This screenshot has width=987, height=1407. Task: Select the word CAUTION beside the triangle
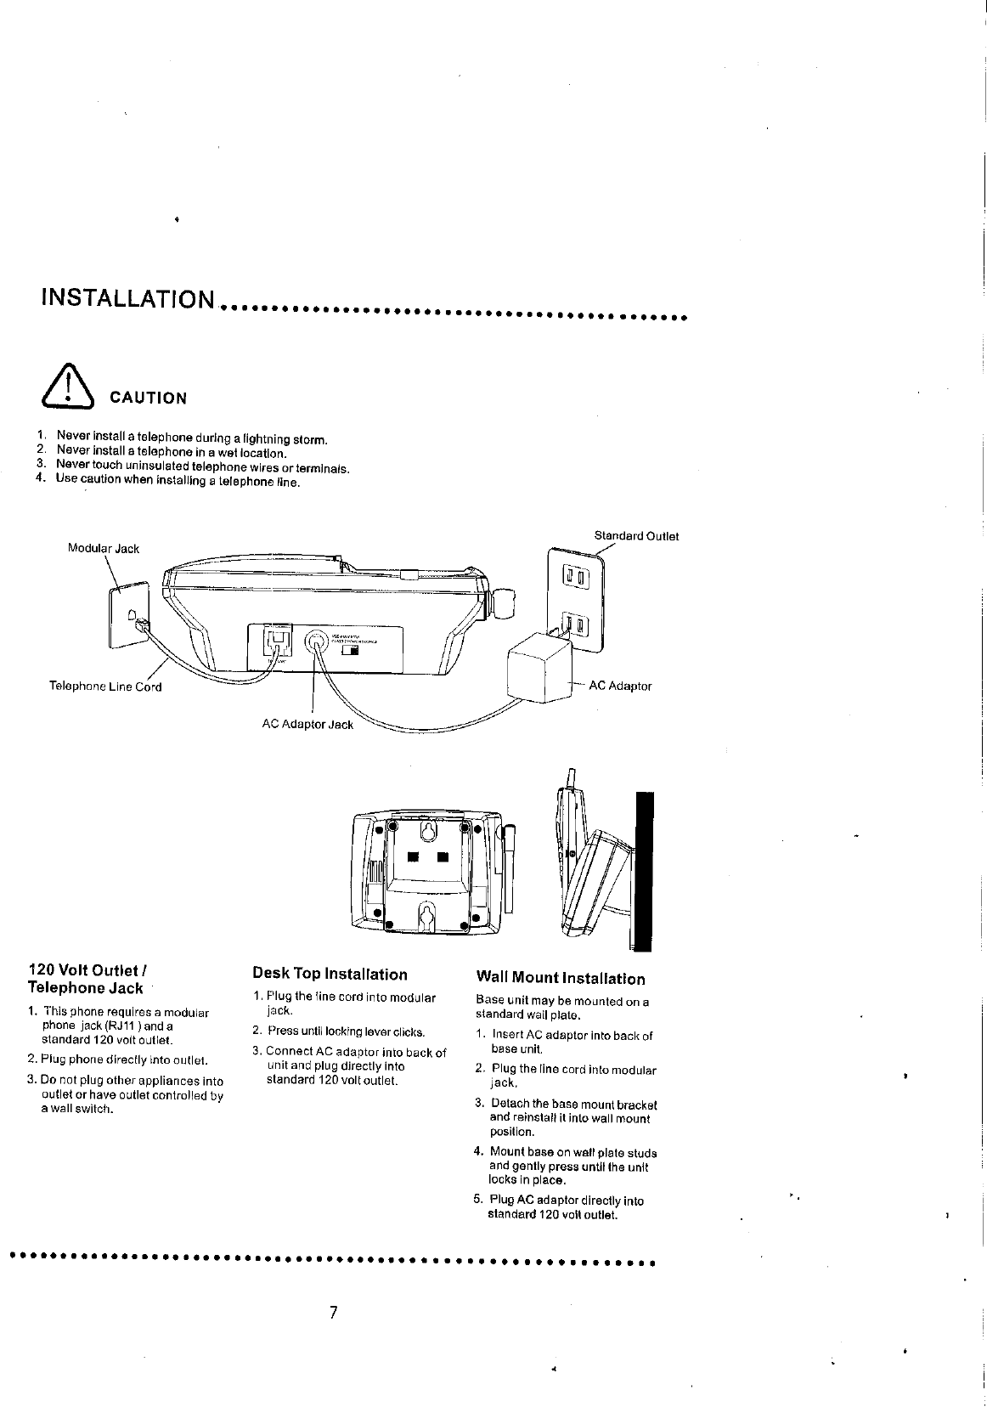click(x=144, y=398)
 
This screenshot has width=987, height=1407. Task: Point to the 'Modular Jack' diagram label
click(x=104, y=549)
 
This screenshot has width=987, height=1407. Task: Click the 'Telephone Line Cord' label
click(x=104, y=687)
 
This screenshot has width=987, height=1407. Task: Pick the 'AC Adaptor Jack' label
click(x=307, y=725)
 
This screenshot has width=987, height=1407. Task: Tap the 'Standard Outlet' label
click(x=636, y=536)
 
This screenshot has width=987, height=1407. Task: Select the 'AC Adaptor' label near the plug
click(x=620, y=686)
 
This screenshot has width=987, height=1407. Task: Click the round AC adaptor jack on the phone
click(x=317, y=642)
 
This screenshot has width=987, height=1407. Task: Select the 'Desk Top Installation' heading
click(x=330, y=975)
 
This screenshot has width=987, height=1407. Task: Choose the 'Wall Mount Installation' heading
click(x=561, y=979)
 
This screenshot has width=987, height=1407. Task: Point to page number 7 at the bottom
click(x=334, y=1313)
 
